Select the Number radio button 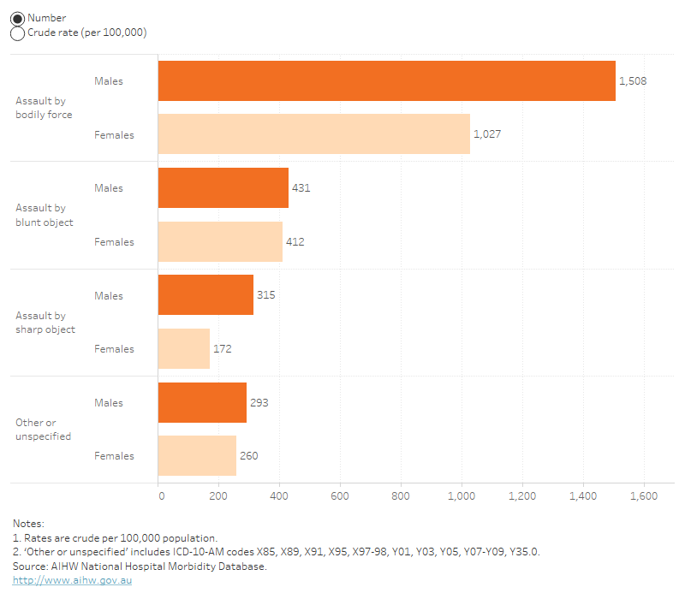(17, 18)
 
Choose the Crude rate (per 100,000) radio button (17, 33)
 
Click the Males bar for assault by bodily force (386, 81)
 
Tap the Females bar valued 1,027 (314, 134)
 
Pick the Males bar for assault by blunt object (223, 188)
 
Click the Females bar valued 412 (220, 242)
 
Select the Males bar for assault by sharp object (205, 296)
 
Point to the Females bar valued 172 (184, 349)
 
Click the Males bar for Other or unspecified (202, 403)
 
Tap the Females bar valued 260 (197, 456)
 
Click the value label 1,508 (633, 81)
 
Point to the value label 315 (265, 296)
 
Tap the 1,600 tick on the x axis (643, 495)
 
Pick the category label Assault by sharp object (45, 323)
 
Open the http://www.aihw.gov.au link (72, 580)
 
